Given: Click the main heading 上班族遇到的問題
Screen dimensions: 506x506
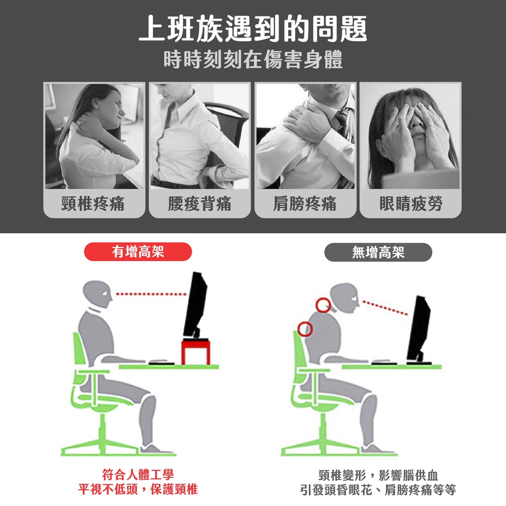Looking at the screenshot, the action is [253, 29].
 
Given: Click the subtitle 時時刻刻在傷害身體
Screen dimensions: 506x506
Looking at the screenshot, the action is [253, 60].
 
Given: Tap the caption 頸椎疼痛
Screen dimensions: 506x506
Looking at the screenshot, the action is [93, 204].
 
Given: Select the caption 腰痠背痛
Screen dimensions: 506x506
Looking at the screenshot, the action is [200, 204].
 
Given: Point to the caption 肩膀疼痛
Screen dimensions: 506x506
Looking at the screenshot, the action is [305, 204].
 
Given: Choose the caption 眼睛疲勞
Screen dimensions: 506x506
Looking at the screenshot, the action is [411, 204].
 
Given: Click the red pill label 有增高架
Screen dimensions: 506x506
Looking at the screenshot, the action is [138, 252].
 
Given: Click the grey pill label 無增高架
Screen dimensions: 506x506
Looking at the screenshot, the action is [378, 252].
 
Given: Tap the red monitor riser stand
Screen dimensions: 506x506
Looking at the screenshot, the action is [196, 351].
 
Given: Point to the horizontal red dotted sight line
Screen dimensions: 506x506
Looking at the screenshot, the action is [151, 295].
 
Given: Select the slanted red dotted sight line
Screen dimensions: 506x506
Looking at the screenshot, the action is [385, 308].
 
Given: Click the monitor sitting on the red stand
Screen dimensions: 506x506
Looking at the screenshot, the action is [195, 305].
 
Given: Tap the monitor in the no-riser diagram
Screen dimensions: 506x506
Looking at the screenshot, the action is [418, 329].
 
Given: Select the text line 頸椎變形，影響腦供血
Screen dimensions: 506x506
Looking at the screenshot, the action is [378, 475].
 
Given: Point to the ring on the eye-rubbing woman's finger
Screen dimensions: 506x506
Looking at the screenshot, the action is [429, 125].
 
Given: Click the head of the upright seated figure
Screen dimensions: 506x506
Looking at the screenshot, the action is [97, 294].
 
